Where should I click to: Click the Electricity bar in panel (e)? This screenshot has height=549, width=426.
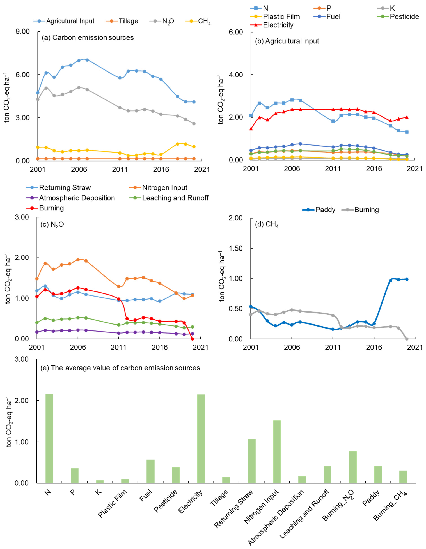[x=201, y=438]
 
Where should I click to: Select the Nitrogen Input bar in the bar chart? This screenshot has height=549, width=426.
[x=277, y=451]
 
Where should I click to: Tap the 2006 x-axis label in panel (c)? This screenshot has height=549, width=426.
[x=78, y=347]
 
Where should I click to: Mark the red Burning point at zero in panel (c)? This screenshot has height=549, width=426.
[x=193, y=339]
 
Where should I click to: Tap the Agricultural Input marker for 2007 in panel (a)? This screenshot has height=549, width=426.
[x=87, y=60]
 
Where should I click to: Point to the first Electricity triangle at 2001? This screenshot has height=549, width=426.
[x=251, y=129]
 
